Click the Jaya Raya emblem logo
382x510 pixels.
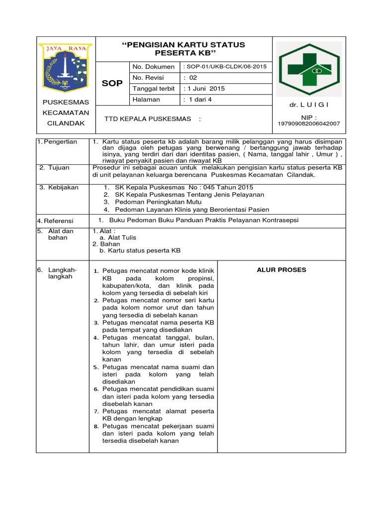point(65,67)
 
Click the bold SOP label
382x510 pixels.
point(112,83)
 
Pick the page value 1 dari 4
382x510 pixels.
point(197,100)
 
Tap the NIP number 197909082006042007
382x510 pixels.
point(309,123)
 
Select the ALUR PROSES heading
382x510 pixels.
point(282,270)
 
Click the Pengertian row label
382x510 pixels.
point(60,142)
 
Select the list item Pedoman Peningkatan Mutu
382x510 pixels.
point(152,202)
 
